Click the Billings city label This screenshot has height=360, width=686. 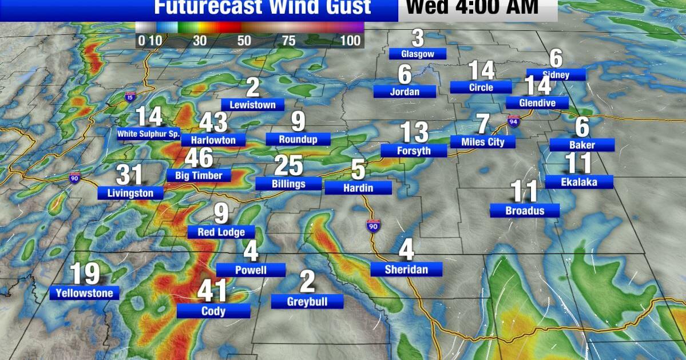[x=288, y=184]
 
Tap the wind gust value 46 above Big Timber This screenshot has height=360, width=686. [x=199, y=159]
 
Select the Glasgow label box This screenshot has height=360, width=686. [x=417, y=54]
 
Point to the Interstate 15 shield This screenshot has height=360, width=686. [x=131, y=98]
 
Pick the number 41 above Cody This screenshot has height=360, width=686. [x=213, y=291]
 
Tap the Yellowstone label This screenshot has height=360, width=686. [x=85, y=293]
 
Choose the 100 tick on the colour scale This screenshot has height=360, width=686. [x=351, y=41]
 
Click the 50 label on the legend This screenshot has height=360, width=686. [x=244, y=41]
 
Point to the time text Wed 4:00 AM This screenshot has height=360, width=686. [x=472, y=7]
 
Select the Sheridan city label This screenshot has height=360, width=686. [x=406, y=270]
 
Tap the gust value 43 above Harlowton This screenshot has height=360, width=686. [x=213, y=122]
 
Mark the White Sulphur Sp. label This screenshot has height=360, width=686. [x=149, y=134]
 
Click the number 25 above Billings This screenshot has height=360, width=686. [x=288, y=166]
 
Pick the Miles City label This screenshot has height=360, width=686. [x=483, y=141]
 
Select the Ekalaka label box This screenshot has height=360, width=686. [x=579, y=182]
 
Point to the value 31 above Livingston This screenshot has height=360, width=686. [x=129, y=175]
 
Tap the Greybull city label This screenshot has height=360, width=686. [x=307, y=301]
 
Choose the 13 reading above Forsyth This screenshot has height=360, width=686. [x=414, y=133]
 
